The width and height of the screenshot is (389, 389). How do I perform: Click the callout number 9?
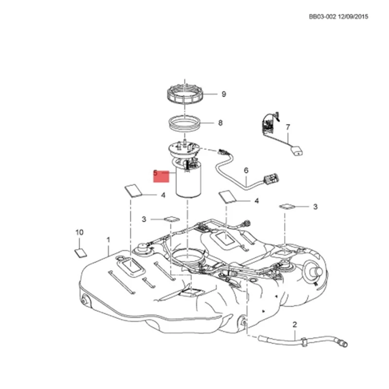point(224,94)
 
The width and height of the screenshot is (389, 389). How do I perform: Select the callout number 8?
point(220,123)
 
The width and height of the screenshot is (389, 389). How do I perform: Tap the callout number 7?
point(288,127)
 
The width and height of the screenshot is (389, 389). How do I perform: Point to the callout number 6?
point(246,171)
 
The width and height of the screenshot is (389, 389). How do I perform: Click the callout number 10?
point(79,232)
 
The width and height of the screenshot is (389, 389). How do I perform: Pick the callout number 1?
point(108,240)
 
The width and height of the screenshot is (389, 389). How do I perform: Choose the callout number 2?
point(295,324)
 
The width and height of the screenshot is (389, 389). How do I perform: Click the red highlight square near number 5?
point(161,177)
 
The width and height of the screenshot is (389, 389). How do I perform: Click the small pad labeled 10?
point(81,253)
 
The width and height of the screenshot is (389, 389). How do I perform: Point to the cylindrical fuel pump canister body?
point(189,182)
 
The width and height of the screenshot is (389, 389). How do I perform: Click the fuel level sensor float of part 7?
point(297,151)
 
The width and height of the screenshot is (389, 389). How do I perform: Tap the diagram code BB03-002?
point(322,17)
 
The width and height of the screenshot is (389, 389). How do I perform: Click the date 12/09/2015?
point(353,17)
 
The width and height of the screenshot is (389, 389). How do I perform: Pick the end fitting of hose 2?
point(343,343)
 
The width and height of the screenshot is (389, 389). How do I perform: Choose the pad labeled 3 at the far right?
point(287,206)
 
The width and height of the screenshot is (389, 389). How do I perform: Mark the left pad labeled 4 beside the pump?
point(133,191)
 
